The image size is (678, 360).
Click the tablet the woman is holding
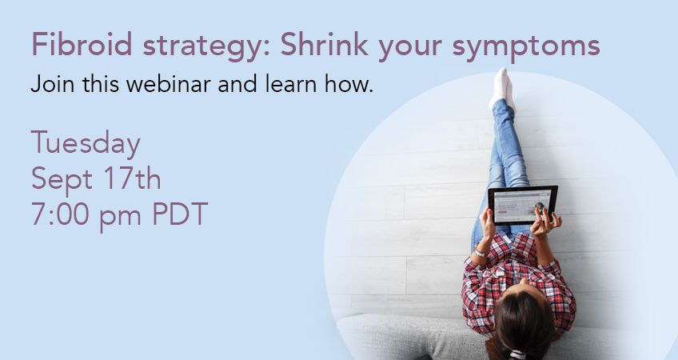(522, 205)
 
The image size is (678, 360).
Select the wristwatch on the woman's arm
(481, 251)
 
